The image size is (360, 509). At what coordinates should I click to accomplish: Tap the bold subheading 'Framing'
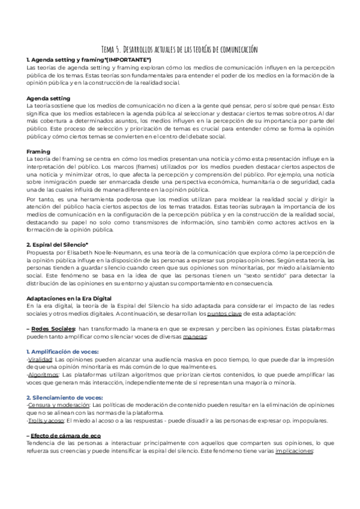click(x=38, y=151)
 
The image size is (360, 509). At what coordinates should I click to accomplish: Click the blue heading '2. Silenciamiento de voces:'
click(x=65, y=397)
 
